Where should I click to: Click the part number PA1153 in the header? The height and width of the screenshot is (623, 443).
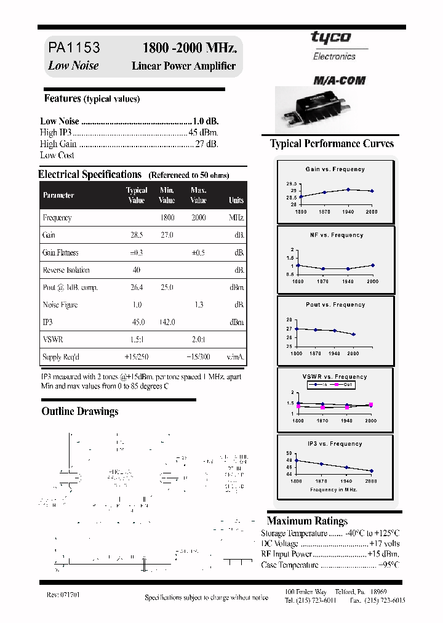pos(74,48)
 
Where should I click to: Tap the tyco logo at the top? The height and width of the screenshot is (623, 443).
pos(330,38)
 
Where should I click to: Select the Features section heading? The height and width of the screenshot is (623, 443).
pos(62,98)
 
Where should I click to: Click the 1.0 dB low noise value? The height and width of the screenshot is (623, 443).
pos(206,121)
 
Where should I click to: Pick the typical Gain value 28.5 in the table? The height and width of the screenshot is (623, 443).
pos(137,235)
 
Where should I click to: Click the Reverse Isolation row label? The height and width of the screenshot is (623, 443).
pos(66,270)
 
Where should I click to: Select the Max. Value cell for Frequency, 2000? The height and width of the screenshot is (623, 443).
pos(198,218)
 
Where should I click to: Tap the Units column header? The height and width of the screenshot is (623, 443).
pos(236,200)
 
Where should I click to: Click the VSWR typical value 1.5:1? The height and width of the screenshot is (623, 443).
pos(137,340)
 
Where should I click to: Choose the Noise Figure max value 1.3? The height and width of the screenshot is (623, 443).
pos(198,305)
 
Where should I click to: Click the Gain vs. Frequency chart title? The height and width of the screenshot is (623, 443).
pos(335,169)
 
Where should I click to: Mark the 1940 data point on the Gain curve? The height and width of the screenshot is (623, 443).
pos(348,190)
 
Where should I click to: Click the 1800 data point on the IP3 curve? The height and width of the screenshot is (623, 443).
pos(297,460)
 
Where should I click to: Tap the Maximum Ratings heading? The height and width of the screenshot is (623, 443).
pos(308,521)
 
